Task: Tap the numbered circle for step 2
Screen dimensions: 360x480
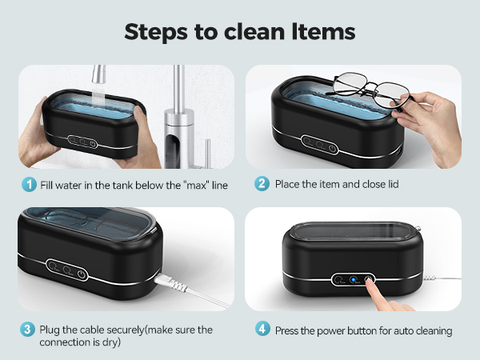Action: click(x=261, y=185)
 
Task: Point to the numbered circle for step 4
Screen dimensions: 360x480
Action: click(x=261, y=330)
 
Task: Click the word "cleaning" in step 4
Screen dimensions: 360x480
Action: click(x=433, y=330)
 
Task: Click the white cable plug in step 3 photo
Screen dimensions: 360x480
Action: click(x=172, y=282)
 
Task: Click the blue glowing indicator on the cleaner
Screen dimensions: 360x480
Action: click(x=353, y=280)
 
